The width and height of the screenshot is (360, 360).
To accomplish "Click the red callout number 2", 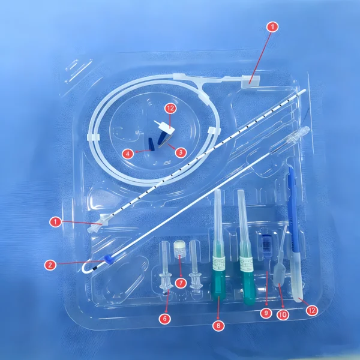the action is [x=50, y=265].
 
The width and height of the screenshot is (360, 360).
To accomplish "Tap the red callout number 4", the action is [x=128, y=154].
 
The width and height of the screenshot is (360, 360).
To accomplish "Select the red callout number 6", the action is [x=164, y=319].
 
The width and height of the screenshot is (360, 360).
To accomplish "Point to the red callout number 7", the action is [x=181, y=283].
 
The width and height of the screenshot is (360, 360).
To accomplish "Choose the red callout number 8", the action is [x=218, y=325].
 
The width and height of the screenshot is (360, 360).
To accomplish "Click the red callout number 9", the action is [x=266, y=313].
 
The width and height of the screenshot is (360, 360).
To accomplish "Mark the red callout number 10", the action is [x=283, y=314].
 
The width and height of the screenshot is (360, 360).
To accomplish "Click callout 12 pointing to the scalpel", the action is [x=311, y=310].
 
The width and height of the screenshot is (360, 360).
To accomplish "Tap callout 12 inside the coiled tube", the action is [x=170, y=109].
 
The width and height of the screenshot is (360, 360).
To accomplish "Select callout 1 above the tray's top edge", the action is [x=272, y=27].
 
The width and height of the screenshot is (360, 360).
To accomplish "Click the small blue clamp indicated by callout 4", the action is [x=151, y=145].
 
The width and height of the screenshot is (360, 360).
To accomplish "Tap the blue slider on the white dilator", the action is [x=108, y=259].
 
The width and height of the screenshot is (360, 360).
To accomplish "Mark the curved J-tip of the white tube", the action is [x=87, y=269].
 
